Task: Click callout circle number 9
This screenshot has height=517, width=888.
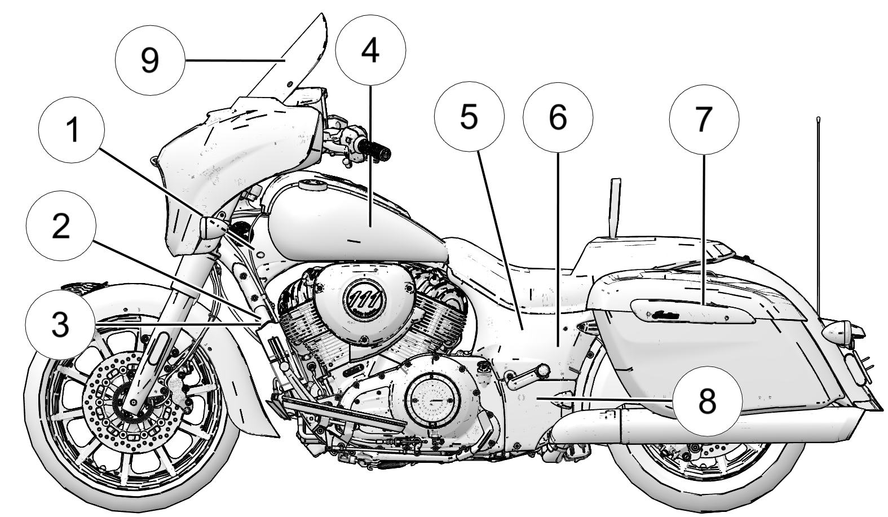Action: tap(150, 60)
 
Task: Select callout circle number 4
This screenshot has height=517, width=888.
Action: tap(370, 51)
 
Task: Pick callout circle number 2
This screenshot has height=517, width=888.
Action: tap(61, 227)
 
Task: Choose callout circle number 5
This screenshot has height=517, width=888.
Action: tap(469, 117)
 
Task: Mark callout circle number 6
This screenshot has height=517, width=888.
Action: tap(558, 117)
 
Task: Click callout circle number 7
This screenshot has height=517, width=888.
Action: tap(704, 120)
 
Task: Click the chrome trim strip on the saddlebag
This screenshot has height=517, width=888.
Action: tap(693, 312)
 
